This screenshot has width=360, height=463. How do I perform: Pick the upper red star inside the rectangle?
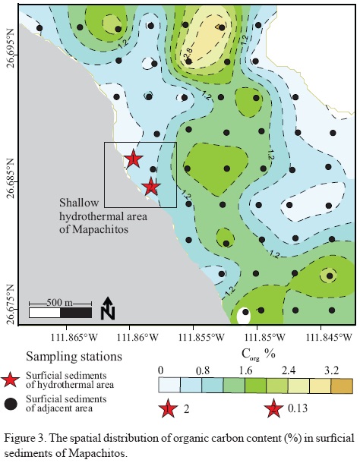point(133,159)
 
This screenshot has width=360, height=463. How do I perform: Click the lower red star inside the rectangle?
point(151,186)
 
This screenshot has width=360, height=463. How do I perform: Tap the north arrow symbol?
point(108,308)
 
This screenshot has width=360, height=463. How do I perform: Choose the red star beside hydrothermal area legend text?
point(11,380)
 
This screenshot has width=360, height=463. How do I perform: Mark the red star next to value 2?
point(168,411)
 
